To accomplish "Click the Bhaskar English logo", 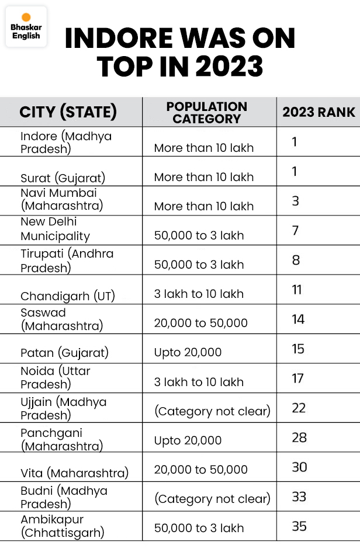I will [x=26, y=27].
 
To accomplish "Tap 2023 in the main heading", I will [x=229, y=67].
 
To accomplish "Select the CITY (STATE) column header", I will [x=68, y=112].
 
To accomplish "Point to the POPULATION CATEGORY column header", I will [x=206, y=112].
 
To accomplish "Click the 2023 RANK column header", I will [x=319, y=112].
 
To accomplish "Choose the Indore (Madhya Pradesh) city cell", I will [x=66, y=142].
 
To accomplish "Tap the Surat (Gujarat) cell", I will [x=63, y=177].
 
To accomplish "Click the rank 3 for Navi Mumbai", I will [x=296, y=201].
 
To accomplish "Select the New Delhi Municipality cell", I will [x=56, y=229].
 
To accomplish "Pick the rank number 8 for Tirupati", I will [x=296, y=260].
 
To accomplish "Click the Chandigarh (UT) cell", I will [x=68, y=296].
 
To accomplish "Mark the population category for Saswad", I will [x=200, y=323].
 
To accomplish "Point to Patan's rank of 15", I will [x=298, y=349].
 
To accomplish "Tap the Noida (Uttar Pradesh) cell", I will [x=56, y=377].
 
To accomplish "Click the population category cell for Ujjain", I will [x=212, y=411].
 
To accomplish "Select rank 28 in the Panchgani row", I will [x=299, y=438].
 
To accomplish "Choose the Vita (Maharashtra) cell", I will [x=74, y=473].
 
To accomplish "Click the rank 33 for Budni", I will [x=299, y=497].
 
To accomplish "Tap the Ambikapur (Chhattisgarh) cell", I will [x=63, y=526].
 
